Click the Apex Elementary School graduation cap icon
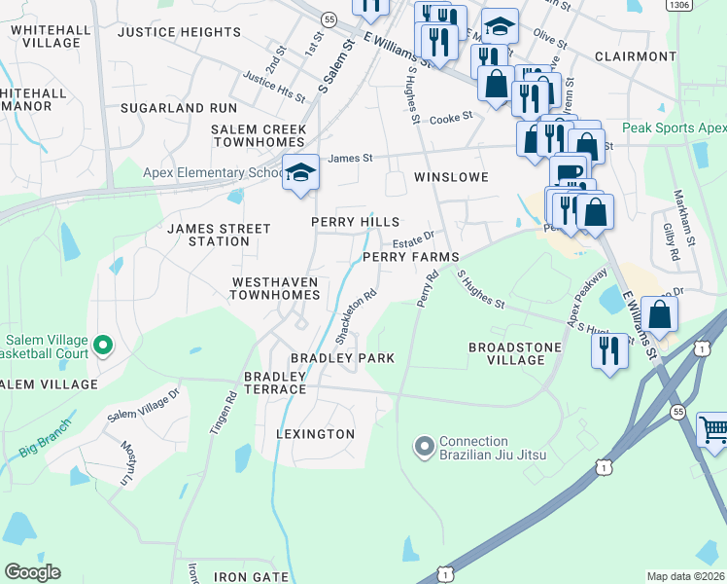pos(300,172)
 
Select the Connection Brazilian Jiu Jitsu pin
pos(424,448)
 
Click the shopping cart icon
pos(713,429)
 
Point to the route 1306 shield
pos(679,5)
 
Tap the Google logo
pos(31,572)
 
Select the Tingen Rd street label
pos(222,413)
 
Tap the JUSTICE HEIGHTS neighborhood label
pos(179,32)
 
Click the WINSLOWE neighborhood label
pos(450,177)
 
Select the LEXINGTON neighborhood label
pos(316,433)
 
